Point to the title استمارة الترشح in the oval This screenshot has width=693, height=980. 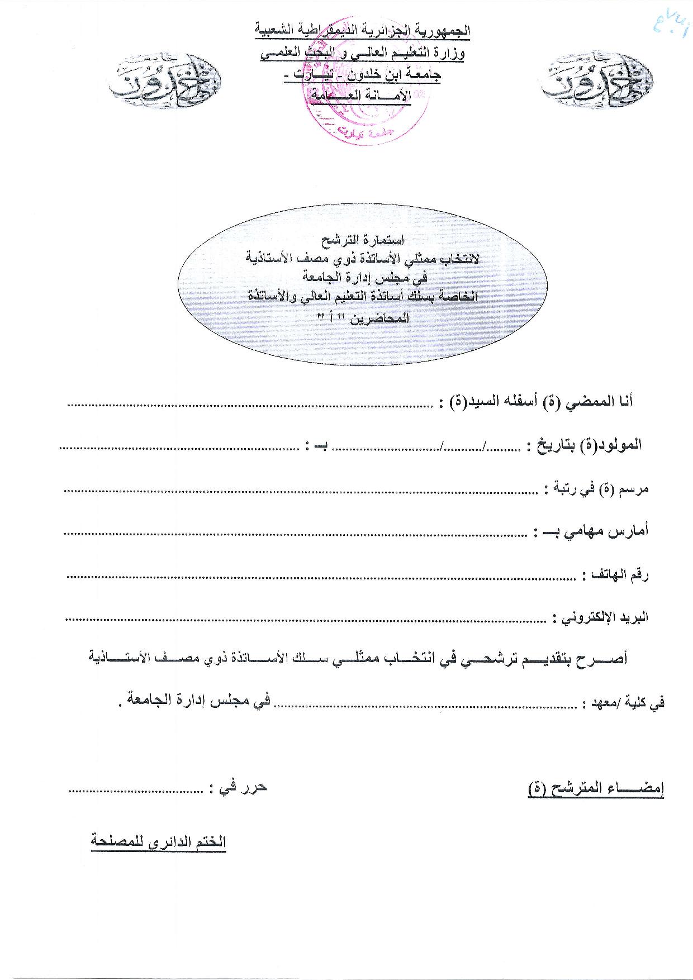coord(363,241)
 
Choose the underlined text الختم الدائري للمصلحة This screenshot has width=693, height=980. coord(159,842)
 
